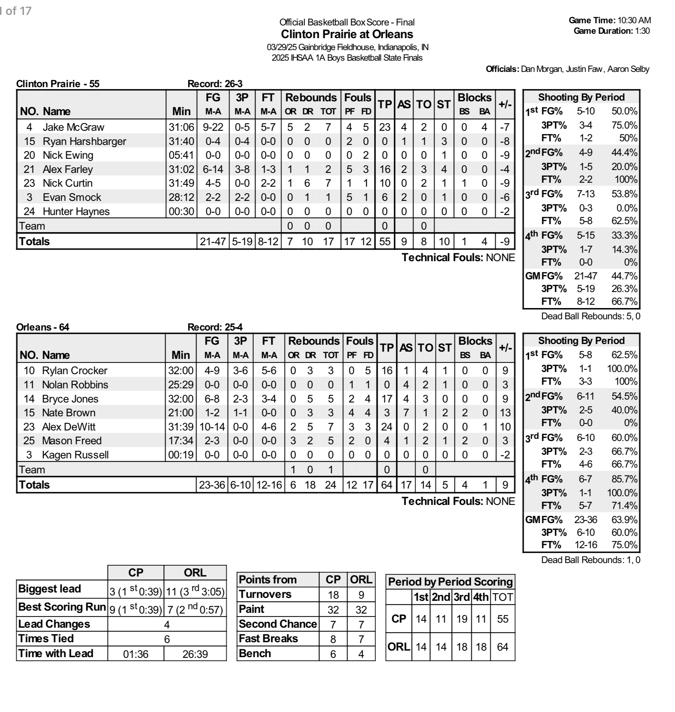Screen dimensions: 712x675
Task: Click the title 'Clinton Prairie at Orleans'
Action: coord(347,34)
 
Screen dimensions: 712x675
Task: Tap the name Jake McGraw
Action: coord(73,127)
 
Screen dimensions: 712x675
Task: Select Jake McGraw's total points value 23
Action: coord(385,127)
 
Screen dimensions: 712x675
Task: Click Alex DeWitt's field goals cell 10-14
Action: coord(212,427)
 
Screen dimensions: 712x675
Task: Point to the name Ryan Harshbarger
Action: coord(84,141)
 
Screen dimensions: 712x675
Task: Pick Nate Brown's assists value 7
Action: coord(406,413)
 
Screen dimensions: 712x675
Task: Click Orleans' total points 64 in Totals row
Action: coord(386,485)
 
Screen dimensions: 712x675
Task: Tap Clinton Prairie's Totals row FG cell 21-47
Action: coord(213,242)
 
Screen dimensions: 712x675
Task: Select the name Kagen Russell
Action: coord(75,455)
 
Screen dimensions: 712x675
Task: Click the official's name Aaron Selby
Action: coord(628,69)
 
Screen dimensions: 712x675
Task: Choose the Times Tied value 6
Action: coord(167,639)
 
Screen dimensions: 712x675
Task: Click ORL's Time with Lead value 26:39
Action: coord(195,654)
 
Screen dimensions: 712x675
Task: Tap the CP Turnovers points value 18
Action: coord(333,595)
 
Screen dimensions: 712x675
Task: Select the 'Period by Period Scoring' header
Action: coord(450,582)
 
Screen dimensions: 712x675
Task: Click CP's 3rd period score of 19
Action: coord(462,619)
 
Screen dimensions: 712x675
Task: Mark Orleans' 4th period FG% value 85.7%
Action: coord(624,479)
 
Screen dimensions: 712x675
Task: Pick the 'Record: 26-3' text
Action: coord(215,84)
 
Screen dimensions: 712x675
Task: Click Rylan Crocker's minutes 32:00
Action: coord(181,371)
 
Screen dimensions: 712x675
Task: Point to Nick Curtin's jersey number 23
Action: coord(29,183)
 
